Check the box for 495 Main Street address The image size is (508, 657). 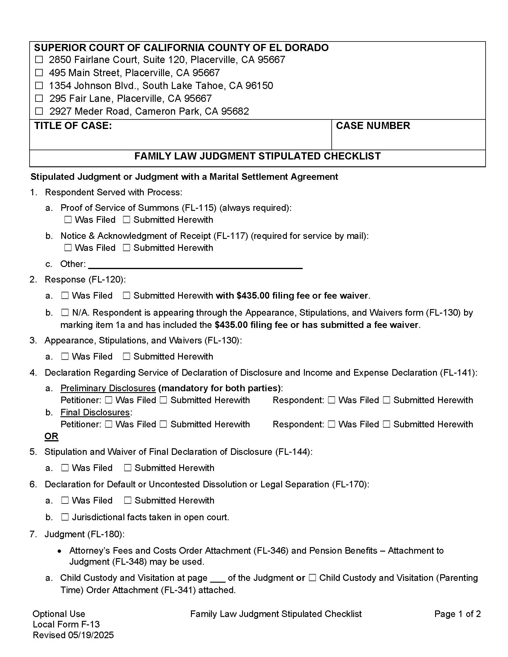39,73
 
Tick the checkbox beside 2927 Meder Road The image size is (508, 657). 39,111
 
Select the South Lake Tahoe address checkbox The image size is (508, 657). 39,85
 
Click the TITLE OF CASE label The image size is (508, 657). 73,126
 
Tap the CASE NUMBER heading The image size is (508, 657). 373,126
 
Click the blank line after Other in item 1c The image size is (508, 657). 196,265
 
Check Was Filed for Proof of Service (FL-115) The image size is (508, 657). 68,220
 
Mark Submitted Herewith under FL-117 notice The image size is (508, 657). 127,248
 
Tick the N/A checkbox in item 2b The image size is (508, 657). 65,313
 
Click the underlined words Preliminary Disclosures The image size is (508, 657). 108,388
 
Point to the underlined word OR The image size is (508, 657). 51,436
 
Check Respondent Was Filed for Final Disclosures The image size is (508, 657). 331,424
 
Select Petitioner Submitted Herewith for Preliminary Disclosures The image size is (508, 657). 163,400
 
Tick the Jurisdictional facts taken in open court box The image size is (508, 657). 65,517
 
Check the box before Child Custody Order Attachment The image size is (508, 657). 312,578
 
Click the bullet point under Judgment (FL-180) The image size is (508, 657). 60,551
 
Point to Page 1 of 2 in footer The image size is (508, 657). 457,614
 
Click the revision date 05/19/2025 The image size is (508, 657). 91,635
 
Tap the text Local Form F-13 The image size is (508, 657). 66,624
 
